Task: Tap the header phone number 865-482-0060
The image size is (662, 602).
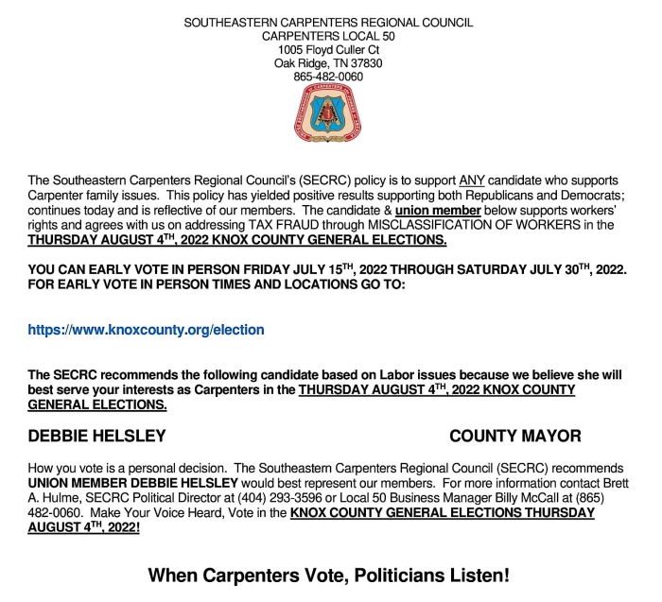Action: tap(328, 77)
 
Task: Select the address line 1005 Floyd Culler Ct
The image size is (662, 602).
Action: tap(328, 49)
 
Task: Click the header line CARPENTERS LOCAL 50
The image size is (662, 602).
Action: tap(328, 35)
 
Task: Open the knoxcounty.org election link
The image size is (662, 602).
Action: tap(147, 330)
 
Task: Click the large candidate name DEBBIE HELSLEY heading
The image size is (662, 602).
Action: tap(97, 436)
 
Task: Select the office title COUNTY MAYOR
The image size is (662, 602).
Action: tap(515, 436)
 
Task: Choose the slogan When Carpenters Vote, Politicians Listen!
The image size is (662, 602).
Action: tap(329, 575)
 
